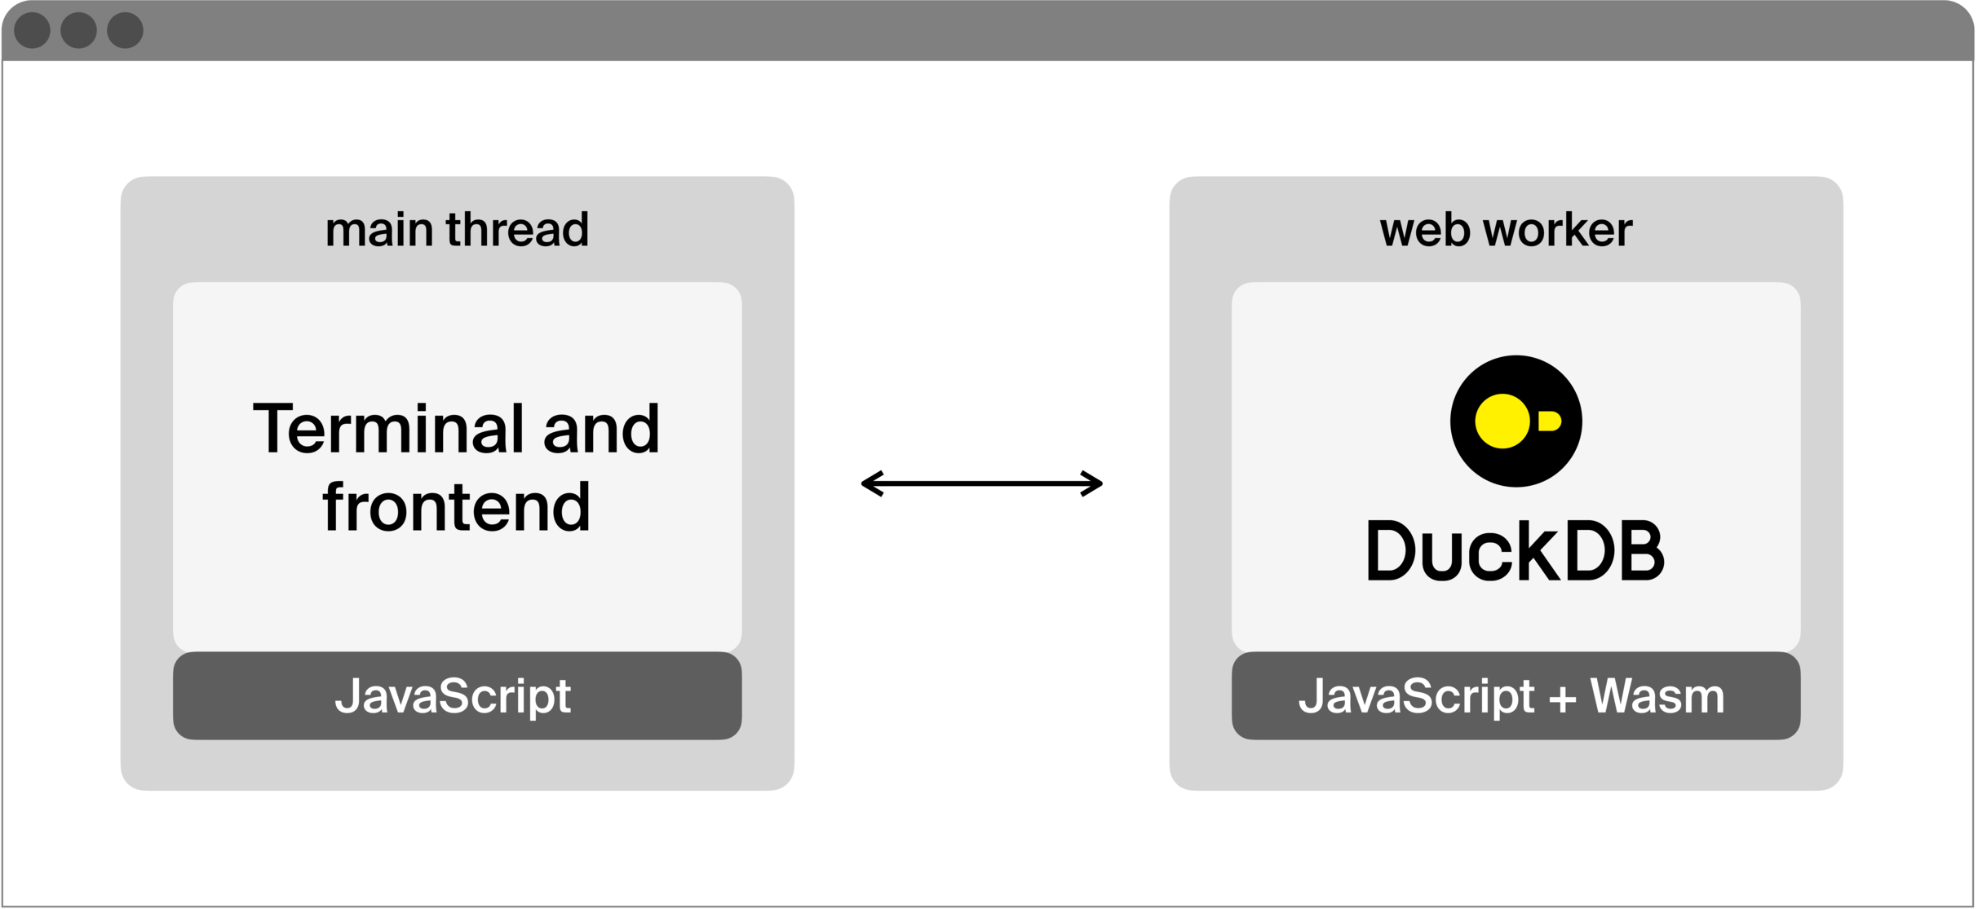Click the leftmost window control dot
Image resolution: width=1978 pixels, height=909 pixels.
(x=33, y=31)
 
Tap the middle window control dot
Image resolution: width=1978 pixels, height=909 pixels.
(x=79, y=31)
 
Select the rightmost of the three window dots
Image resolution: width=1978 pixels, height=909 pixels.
(x=126, y=31)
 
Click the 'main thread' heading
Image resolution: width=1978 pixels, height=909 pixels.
(x=457, y=230)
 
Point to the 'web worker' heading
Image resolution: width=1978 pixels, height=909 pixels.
(x=1506, y=230)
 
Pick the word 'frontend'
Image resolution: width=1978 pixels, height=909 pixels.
(x=457, y=508)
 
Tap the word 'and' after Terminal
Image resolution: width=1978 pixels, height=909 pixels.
(x=601, y=429)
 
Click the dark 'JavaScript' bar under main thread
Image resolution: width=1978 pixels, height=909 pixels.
(x=457, y=696)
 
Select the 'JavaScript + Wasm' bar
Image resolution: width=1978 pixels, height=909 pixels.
(x=1516, y=696)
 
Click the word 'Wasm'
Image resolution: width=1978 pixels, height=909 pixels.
(x=1657, y=696)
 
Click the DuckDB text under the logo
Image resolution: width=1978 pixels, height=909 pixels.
(x=1516, y=551)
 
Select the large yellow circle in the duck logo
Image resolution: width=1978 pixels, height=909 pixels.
(x=1502, y=421)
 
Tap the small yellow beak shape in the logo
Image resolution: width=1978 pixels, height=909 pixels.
(x=1549, y=421)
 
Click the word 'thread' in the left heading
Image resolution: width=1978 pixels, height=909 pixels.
(x=517, y=230)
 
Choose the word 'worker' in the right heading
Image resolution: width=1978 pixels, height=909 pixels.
(x=1558, y=230)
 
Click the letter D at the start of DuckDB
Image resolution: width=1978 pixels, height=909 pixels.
(x=1390, y=551)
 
